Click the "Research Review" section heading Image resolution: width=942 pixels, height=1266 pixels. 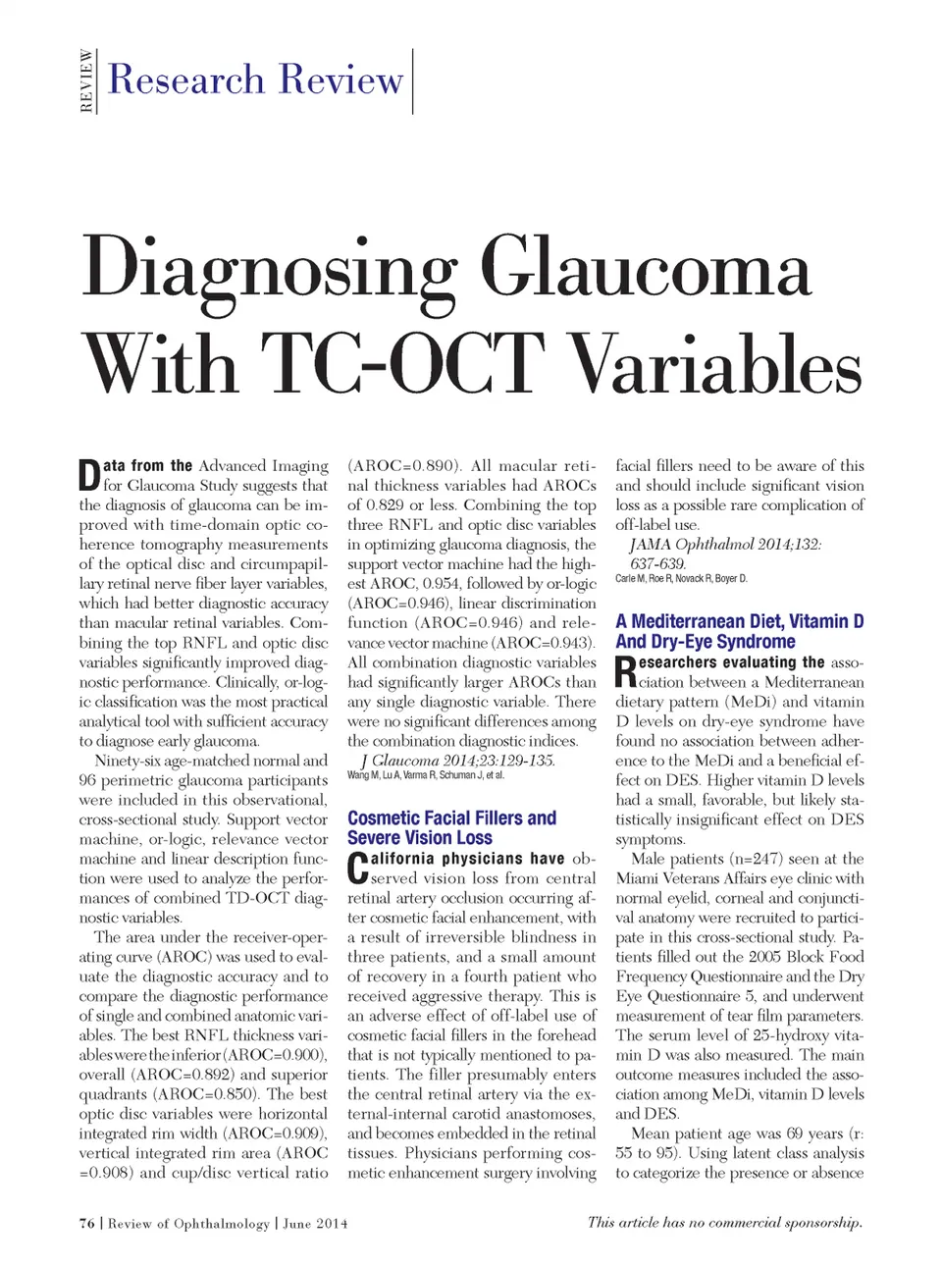point(255,79)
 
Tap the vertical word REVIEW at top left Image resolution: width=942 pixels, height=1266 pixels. point(86,81)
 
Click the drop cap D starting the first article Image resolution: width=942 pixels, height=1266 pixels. point(88,475)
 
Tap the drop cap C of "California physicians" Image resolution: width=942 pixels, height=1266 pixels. point(357,868)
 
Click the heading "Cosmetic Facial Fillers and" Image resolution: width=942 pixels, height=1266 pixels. point(451,818)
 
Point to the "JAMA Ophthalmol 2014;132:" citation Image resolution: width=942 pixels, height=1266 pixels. point(725,545)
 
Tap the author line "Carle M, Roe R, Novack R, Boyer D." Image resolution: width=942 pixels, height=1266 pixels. point(681,579)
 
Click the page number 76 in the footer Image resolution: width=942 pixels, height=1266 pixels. point(87,1223)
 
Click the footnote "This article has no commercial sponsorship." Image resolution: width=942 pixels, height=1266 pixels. point(724,1222)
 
